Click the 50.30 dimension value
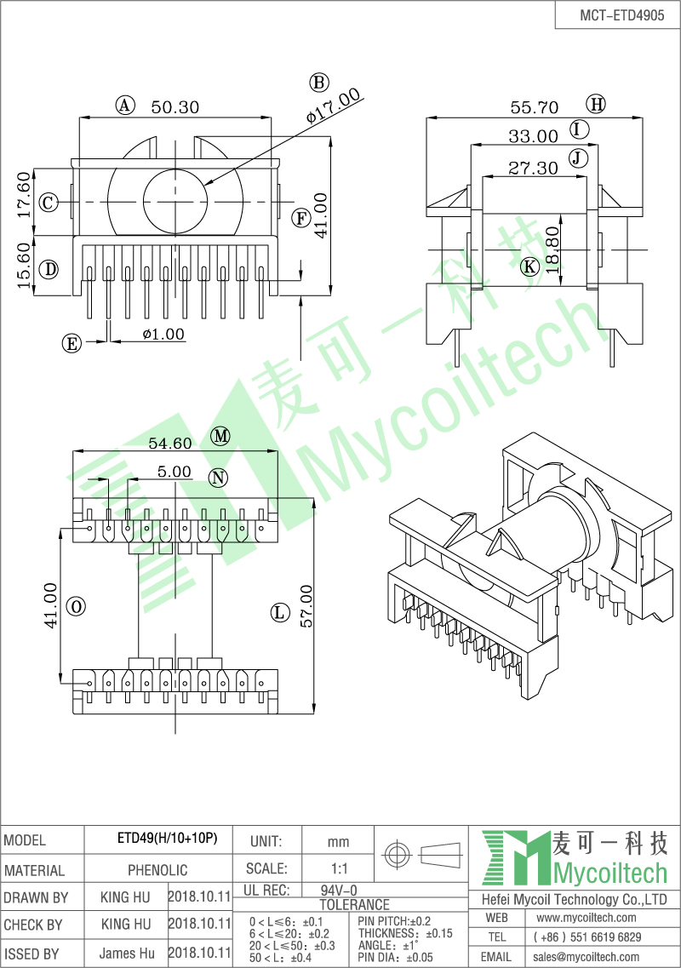coord(175,107)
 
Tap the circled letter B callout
coord(318,83)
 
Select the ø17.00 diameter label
coord(334,106)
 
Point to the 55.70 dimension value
coord(534,108)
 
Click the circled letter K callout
coord(529,266)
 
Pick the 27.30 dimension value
coord(533,168)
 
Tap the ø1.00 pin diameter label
coord(163,334)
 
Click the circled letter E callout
coord(72,343)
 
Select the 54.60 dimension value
coord(170,444)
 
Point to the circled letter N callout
coord(218,478)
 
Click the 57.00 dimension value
coord(306,606)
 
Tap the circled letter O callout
coord(76,606)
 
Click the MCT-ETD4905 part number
coord(621,15)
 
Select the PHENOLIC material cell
coord(157,870)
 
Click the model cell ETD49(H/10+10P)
coord(167,839)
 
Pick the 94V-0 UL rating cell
coord(338,891)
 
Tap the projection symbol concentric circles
coord(397,855)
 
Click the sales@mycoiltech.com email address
coord(586,956)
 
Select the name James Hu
coord(127,953)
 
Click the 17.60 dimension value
coord(24,194)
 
